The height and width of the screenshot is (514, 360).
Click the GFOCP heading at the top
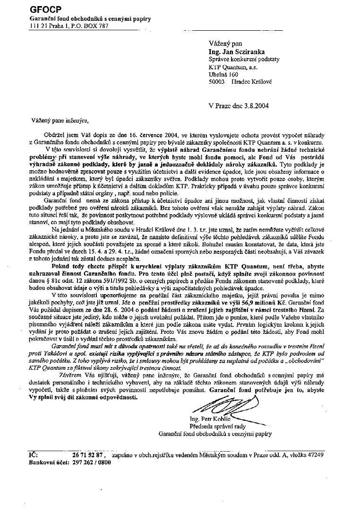point(42,9)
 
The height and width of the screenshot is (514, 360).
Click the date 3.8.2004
point(254,105)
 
